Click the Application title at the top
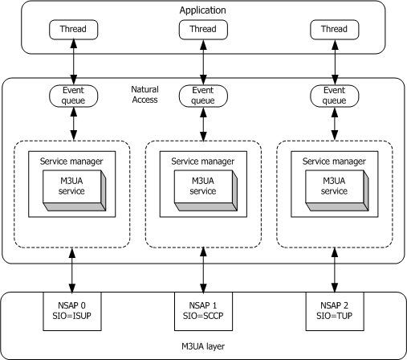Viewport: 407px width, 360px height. point(203,10)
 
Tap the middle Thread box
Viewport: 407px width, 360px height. point(202,30)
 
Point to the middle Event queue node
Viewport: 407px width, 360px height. point(202,96)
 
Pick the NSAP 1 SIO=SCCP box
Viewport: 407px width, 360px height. point(202,309)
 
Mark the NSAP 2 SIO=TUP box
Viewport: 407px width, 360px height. point(332,309)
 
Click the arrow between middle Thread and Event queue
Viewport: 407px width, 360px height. point(202,62)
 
